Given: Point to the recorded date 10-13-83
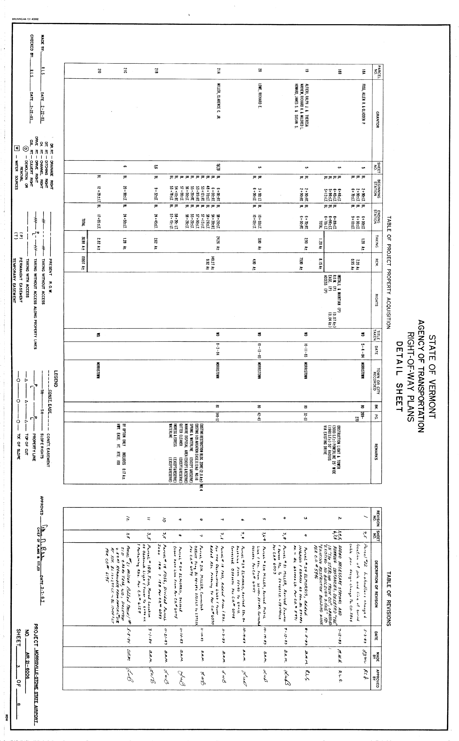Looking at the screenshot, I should click(260, 351).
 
